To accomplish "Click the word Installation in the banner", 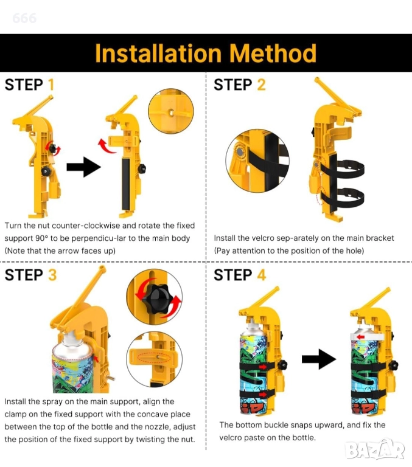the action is pos(158,54).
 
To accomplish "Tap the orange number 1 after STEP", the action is pos(51,85).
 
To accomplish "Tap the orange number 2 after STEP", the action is pos(261,85).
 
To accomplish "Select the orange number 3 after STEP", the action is pos(52,275).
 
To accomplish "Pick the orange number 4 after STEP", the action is pos(262,275).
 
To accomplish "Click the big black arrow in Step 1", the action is pos(84,167).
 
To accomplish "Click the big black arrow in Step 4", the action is pos(319,359).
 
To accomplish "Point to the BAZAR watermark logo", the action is pos(375,449).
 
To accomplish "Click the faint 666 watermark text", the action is pos(24,18).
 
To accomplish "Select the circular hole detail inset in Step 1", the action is pos(171,111).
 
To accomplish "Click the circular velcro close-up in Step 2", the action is pos(257,161).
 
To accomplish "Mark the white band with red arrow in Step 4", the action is pos(368,337).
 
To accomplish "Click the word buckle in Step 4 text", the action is pos(276,425).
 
